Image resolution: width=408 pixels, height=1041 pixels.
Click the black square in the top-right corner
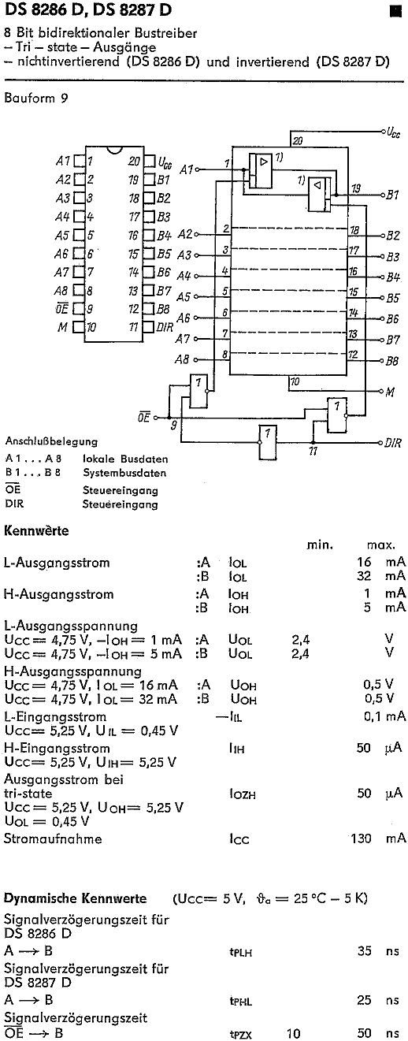(x=395, y=11)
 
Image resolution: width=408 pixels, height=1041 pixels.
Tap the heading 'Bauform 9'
(x=35, y=98)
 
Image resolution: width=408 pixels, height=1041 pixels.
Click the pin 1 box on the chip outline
(x=80, y=161)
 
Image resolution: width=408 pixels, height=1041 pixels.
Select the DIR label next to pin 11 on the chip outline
(x=165, y=327)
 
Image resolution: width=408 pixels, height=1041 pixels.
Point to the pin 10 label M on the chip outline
(x=62, y=327)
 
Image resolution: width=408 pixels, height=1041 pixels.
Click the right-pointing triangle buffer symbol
(x=264, y=162)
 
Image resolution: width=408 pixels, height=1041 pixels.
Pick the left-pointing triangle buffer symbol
(x=317, y=185)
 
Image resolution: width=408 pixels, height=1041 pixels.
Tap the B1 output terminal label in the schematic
(x=393, y=195)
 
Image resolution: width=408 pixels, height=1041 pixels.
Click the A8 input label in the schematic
(x=182, y=359)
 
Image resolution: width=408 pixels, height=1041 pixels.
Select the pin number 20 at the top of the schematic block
(x=298, y=140)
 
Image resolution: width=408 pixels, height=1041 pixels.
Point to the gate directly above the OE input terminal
(x=198, y=390)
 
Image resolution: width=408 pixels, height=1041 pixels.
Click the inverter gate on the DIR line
(x=268, y=442)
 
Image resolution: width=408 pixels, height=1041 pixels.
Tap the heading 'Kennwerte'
(x=36, y=530)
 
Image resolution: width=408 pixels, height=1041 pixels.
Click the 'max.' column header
(x=380, y=545)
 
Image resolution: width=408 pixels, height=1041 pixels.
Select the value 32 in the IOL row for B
(x=364, y=576)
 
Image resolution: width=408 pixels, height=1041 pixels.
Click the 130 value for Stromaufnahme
(x=361, y=838)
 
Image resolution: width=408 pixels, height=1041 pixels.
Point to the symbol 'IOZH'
(x=242, y=794)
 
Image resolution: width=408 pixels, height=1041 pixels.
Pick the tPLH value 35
(x=365, y=950)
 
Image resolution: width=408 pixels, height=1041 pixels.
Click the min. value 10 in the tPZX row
(x=293, y=1033)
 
